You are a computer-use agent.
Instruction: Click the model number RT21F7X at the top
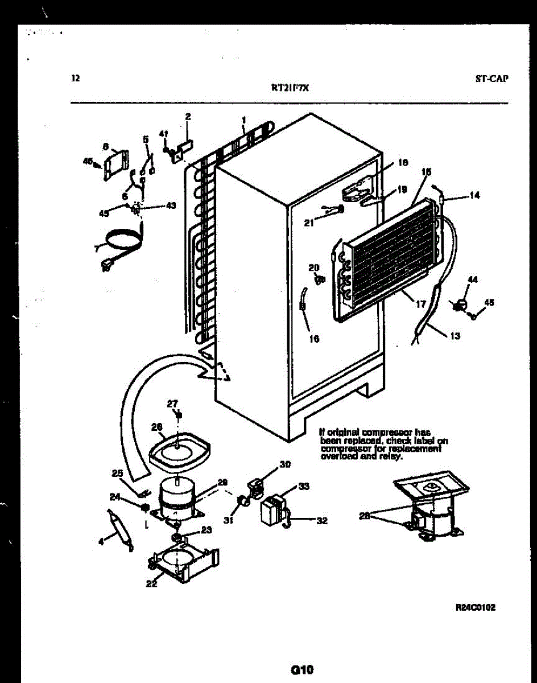[x=290, y=88]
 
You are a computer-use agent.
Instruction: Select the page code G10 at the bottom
[x=302, y=669]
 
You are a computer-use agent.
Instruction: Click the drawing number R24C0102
[x=476, y=607]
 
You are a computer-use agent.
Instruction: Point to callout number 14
[x=474, y=195]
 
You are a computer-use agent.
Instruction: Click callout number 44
[x=473, y=279]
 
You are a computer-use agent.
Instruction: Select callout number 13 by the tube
[x=455, y=336]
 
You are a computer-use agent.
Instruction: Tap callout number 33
[x=304, y=486]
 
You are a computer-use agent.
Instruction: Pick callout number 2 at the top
[x=188, y=117]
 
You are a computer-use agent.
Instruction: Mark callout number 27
[x=172, y=404]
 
